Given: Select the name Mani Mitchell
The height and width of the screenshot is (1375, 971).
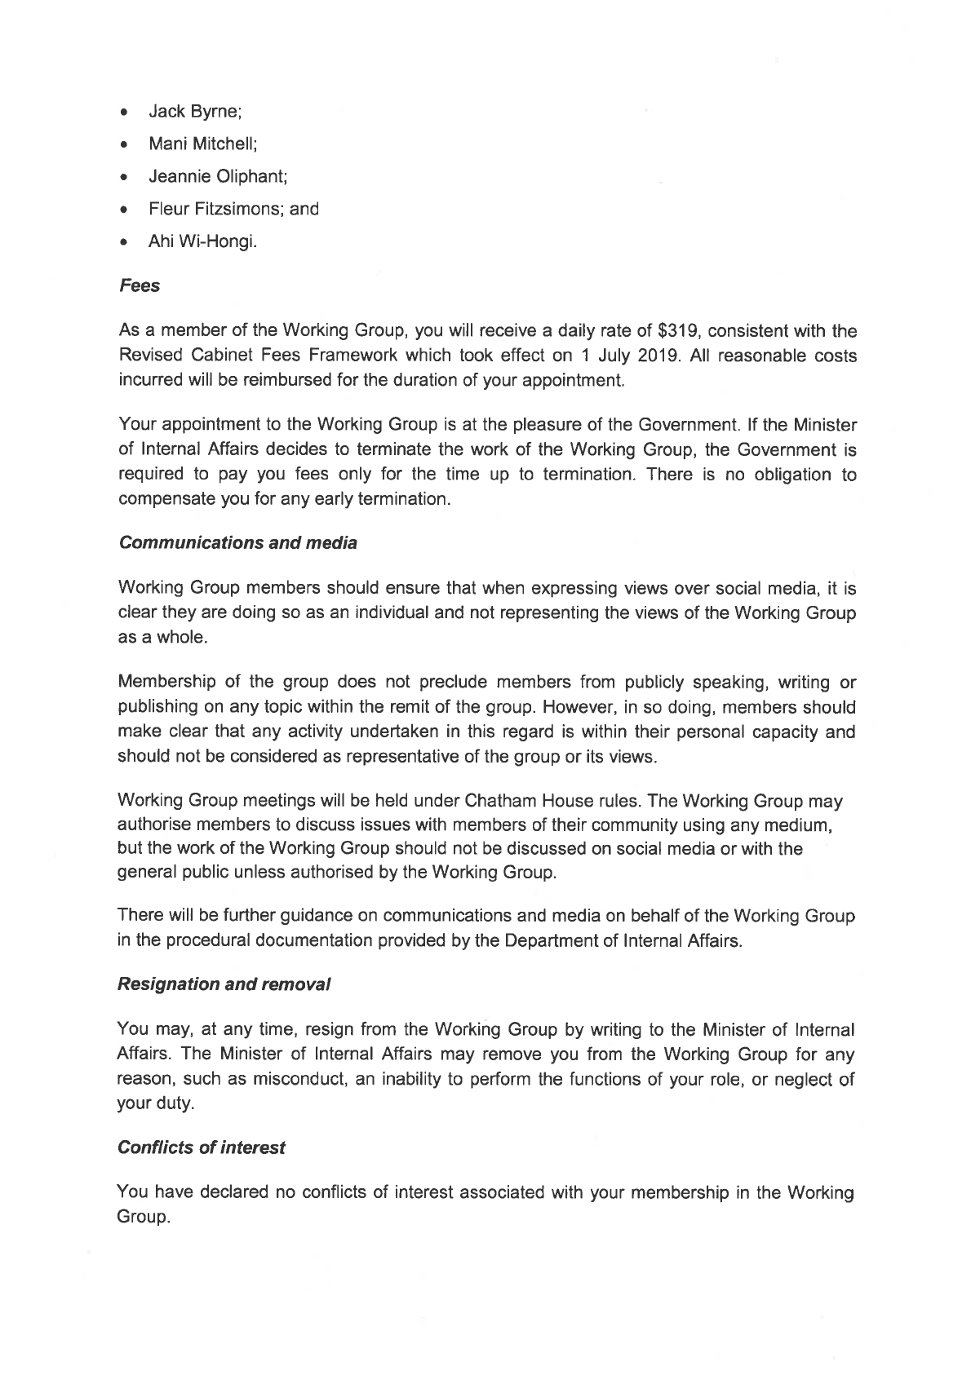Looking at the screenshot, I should pyautogui.click(x=202, y=144).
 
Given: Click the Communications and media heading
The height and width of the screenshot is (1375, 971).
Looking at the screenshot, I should pyautogui.click(x=237, y=543).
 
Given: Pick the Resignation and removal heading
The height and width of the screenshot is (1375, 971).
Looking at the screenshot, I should pyautogui.click(x=224, y=984).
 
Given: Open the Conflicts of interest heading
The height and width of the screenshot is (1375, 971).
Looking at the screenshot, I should pyautogui.click(x=202, y=1147).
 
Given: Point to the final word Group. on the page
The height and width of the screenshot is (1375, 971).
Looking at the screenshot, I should pyautogui.click(x=144, y=1218).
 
